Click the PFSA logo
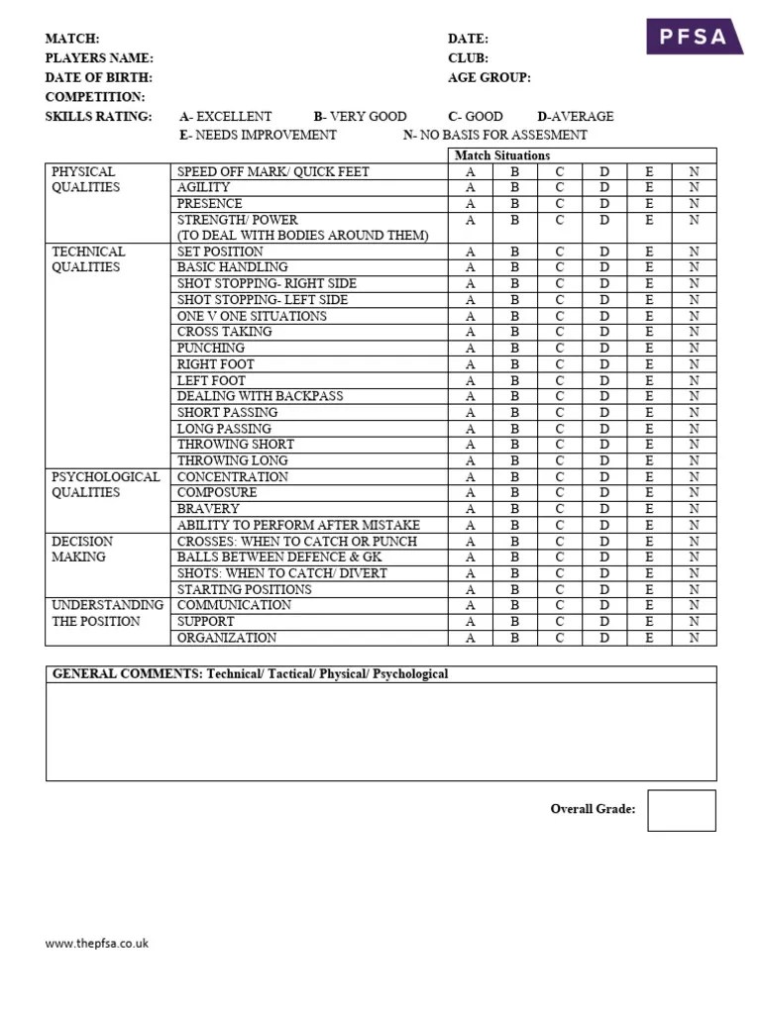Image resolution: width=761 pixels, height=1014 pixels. coord(696,37)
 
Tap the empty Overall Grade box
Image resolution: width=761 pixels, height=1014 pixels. coord(681,810)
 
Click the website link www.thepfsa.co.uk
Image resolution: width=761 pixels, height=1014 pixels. coord(97,944)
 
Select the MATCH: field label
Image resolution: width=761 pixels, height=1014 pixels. coord(72,39)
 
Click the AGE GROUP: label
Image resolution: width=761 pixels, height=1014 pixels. coord(489,77)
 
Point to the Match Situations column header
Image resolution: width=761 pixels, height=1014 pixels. coord(501,155)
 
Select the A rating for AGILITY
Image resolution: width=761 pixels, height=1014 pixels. coord(471,187)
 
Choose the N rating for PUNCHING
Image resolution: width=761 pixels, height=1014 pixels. coord(694,349)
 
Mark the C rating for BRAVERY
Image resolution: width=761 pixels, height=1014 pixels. coord(560,509)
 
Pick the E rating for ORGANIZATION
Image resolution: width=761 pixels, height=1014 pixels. coord(649,638)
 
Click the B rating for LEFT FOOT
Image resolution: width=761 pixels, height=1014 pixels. coord(515,380)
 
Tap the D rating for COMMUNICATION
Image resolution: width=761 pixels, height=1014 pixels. coord(604,605)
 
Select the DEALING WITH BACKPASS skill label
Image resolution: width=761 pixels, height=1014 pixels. coord(260,396)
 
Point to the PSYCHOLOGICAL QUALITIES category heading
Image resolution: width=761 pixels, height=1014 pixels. coord(105,484)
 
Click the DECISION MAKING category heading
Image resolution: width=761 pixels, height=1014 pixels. coord(82,549)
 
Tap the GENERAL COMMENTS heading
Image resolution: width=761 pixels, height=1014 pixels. coord(250,674)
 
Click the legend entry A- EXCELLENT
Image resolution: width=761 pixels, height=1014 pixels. coord(225,116)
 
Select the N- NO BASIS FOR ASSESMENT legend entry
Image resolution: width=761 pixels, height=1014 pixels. coord(494,135)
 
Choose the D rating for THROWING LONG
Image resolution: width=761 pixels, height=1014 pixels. coord(604,460)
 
